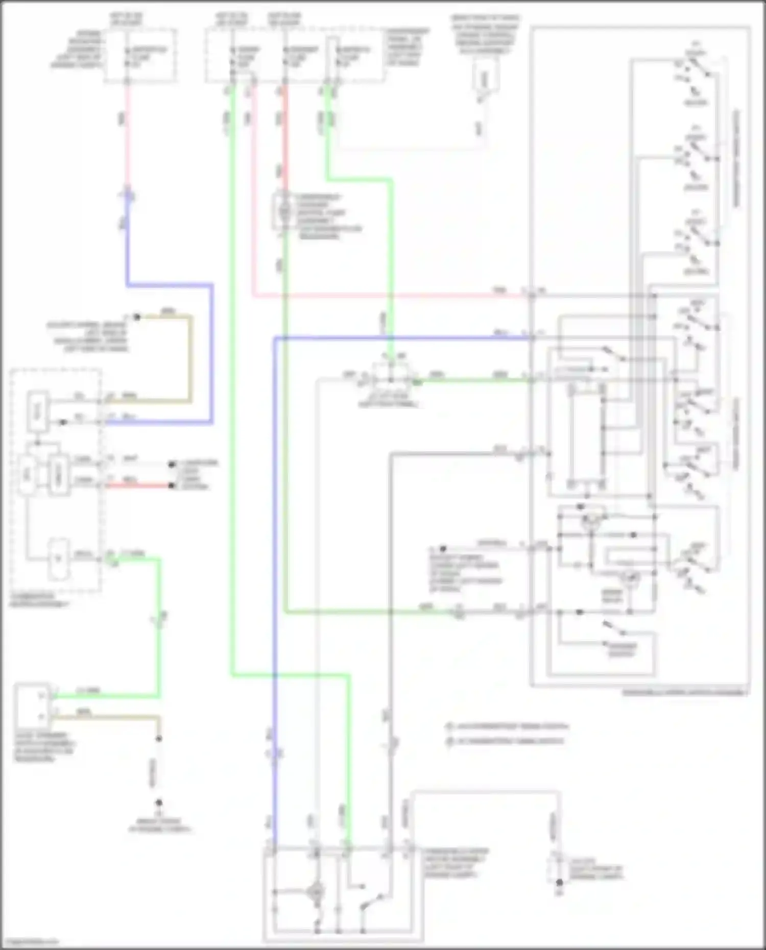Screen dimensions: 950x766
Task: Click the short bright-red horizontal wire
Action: click(x=138, y=485)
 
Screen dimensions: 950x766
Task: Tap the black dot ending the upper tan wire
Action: click(x=136, y=317)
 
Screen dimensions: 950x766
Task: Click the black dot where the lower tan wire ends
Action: click(x=159, y=739)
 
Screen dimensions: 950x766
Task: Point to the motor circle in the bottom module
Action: click(x=317, y=891)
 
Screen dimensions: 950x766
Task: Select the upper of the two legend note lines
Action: click(x=508, y=726)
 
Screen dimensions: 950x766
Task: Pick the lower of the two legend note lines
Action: click(x=506, y=741)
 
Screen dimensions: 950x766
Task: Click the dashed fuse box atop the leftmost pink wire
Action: click(x=141, y=56)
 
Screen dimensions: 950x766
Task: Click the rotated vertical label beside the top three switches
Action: click(x=736, y=158)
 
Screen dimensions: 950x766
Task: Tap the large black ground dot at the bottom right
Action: click(x=560, y=882)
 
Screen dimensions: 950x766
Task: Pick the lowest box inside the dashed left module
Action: click(x=58, y=559)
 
